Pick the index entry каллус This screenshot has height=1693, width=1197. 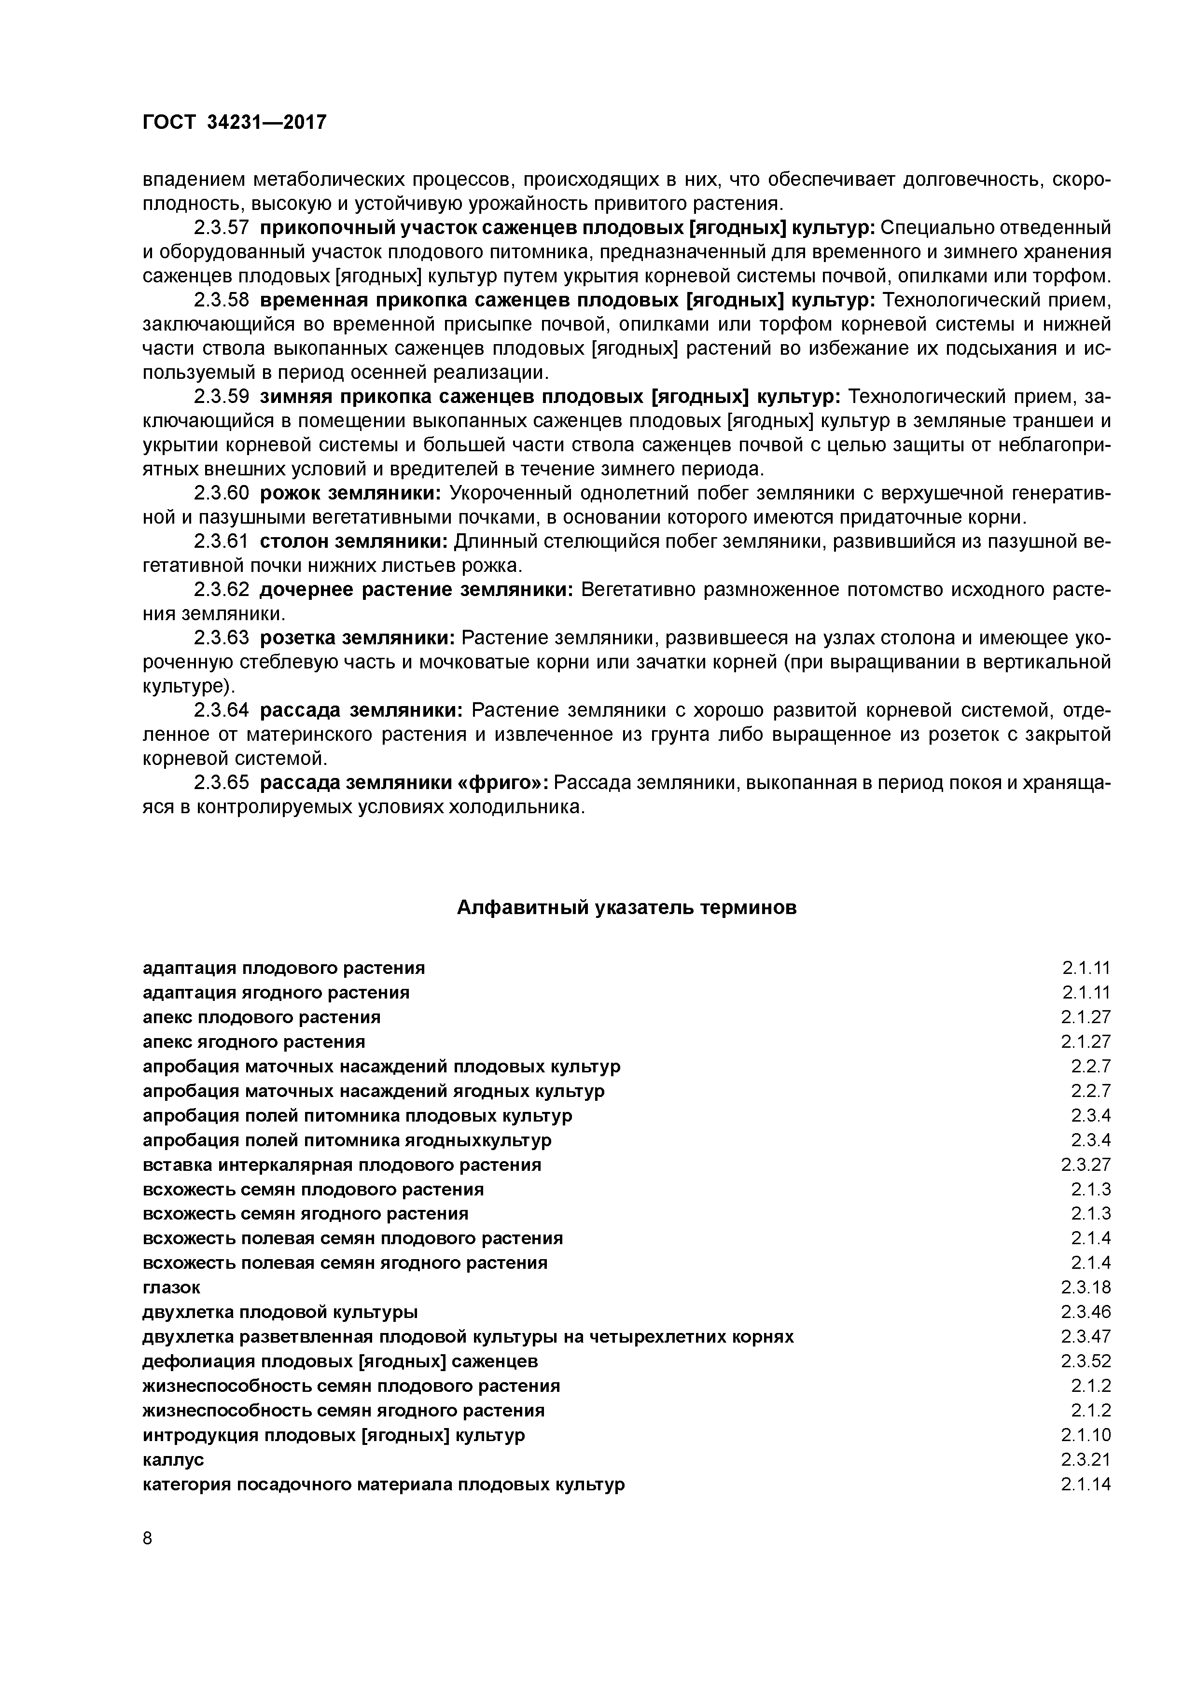click(x=173, y=1459)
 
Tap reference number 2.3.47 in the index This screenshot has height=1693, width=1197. click(x=1086, y=1336)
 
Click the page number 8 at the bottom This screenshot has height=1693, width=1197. click(x=147, y=1538)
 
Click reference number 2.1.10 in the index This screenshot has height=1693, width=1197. click(x=1086, y=1435)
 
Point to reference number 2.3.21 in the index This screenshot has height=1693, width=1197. click(x=1086, y=1459)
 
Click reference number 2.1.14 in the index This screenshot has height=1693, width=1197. click(x=1086, y=1485)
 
